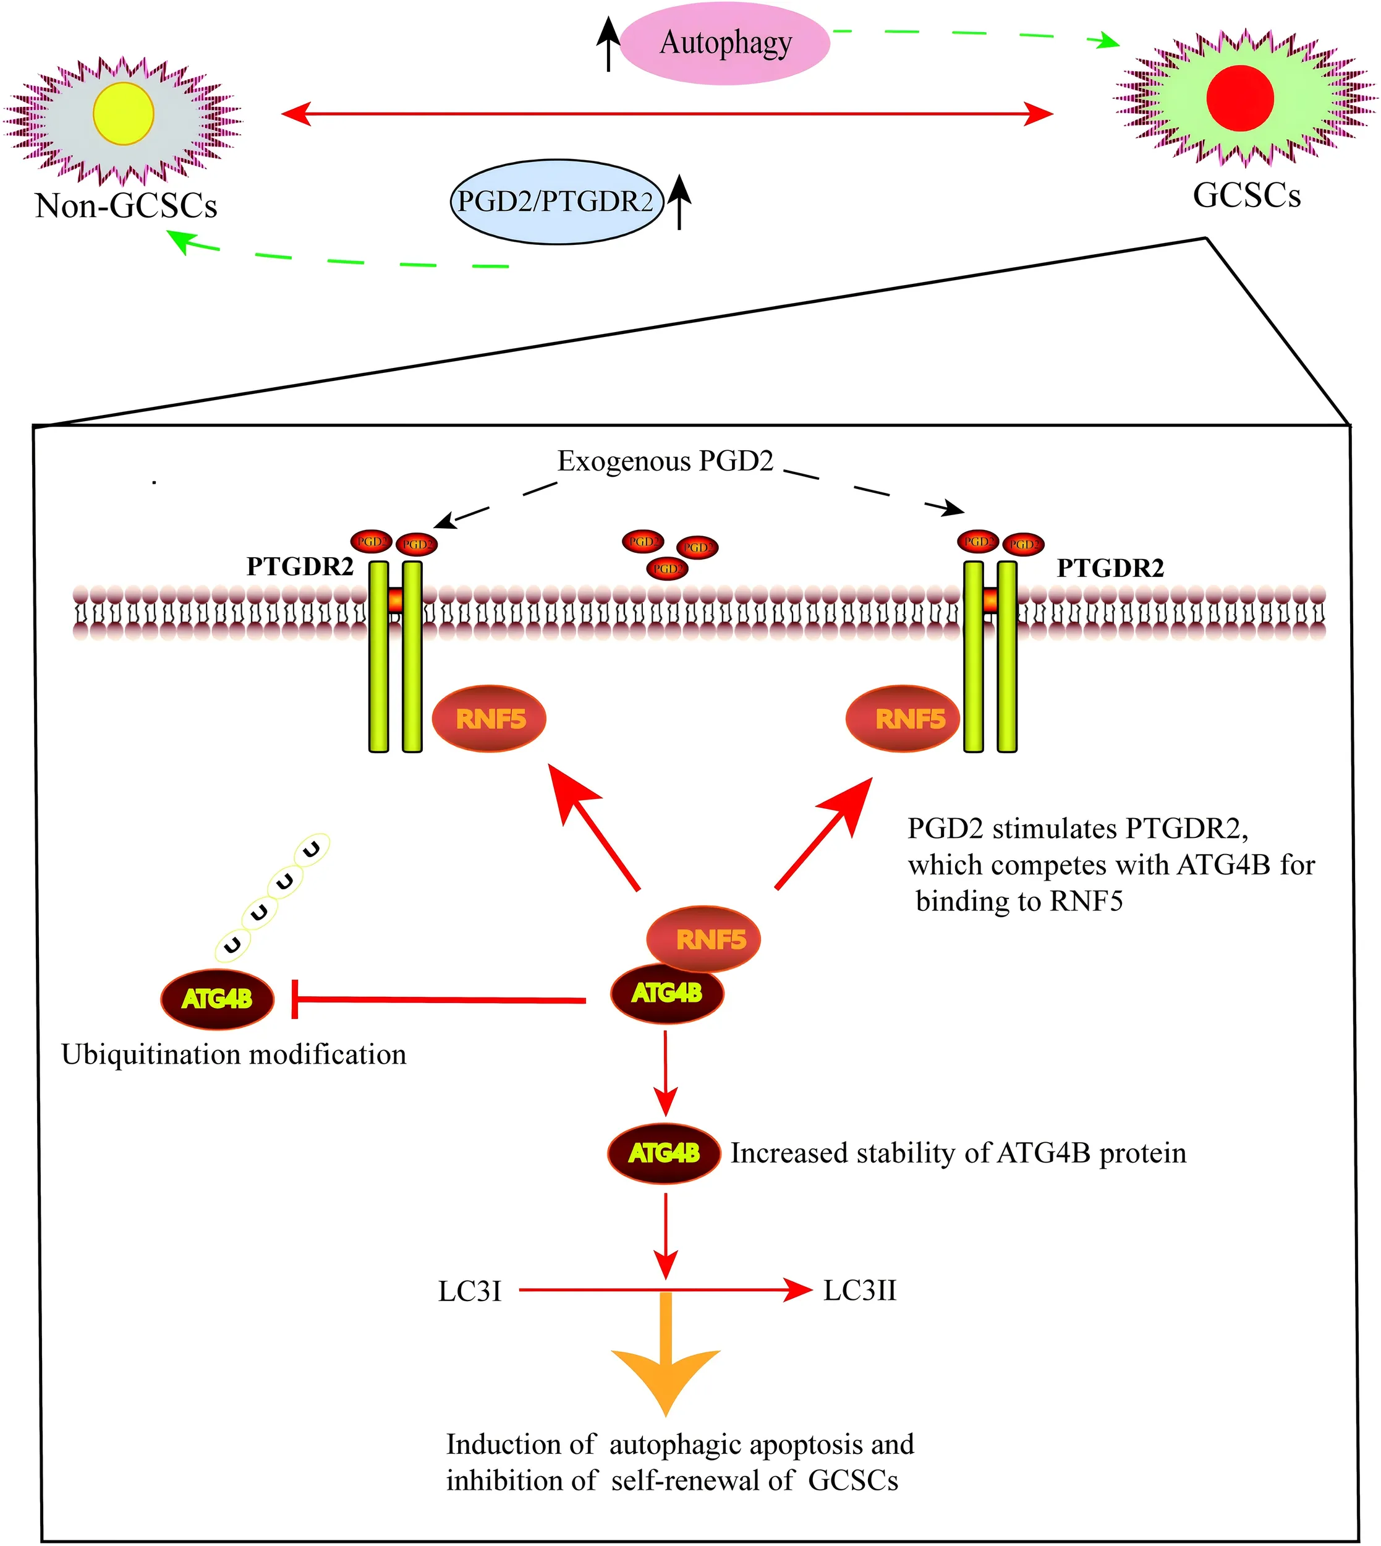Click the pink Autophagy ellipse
pyautogui.click(x=724, y=43)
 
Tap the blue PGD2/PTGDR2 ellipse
pyautogui.click(x=556, y=201)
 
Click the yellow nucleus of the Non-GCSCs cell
pyautogui.click(x=124, y=114)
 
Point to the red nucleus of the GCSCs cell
pyautogui.click(x=1240, y=98)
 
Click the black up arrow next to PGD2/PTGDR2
pyautogui.click(x=680, y=201)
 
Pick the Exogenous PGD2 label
pyautogui.click(x=665, y=461)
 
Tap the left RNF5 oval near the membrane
pyautogui.click(x=490, y=718)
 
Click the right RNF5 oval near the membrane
pyautogui.click(x=904, y=718)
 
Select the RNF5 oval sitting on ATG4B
pyautogui.click(x=704, y=939)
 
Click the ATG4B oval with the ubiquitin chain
pyautogui.click(x=217, y=999)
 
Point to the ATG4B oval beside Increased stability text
pyautogui.click(x=664, y=1153)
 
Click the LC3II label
pyautogui.click(x=860, y=1290)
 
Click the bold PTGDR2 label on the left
pyautogui.click(x=300, y=566)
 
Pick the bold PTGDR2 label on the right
pyautogui.click(x=1110, y=568)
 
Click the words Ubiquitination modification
pyautogui.click(x=234, y=1054)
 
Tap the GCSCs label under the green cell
pyautogui.click(x=1247, y=195)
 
